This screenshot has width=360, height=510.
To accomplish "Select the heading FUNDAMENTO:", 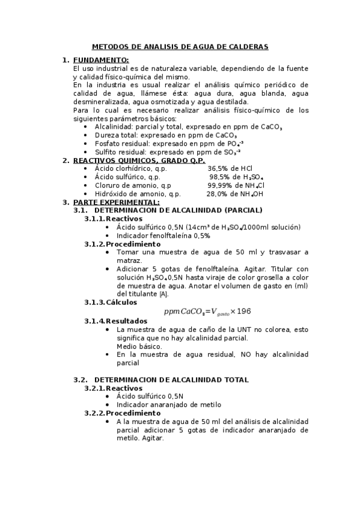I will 101,60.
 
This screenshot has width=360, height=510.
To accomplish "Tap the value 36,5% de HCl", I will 230,169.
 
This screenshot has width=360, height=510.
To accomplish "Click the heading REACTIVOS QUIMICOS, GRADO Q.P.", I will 139,161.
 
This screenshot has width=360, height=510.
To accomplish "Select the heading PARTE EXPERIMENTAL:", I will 116,202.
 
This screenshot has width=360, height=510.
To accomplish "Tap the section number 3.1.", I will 80,210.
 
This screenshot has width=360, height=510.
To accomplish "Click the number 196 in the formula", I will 243,311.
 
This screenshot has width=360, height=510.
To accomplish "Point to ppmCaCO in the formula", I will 183,312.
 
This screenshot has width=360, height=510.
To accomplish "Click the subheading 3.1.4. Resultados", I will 115,321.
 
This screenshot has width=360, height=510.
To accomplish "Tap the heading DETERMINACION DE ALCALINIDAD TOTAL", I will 171,379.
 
